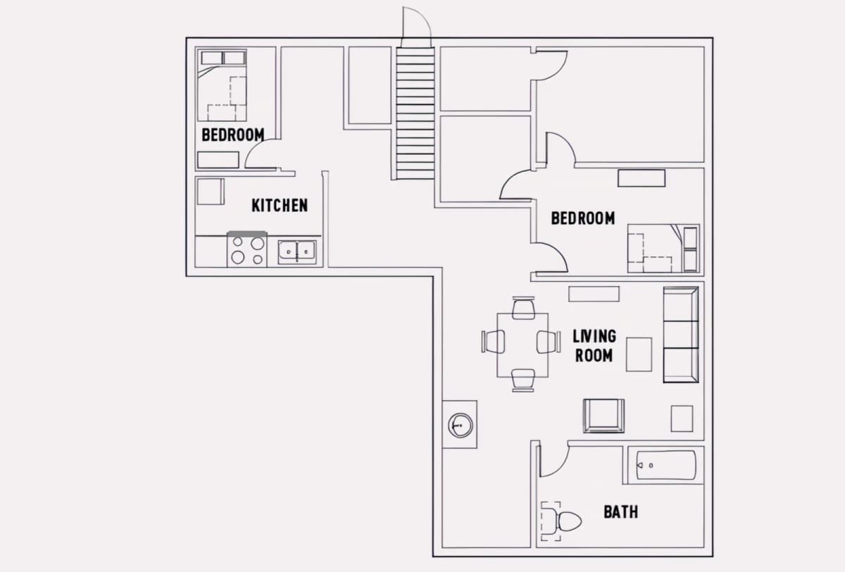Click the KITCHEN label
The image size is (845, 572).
pyautogui.click(x=280, y=205)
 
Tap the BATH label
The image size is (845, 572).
pyautogui.click(x=621, y=512)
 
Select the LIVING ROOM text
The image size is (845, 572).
pyautogui.click(x=594, y=346)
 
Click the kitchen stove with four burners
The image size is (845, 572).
pyautogui.click(x=247, y=249)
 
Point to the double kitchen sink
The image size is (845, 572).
pyautogui.click(x=297, y=252)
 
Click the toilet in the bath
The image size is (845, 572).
pyautogui.click(x=561, y=521)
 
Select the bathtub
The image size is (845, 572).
pyautogui.click(x=666, y=465)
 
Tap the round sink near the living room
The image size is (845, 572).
pyautogui.click(x=461, y=425)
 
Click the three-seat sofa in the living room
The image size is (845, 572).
pyautogui.click(x=681, y=335)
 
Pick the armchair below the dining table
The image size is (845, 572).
pyautogui.click(x=603, y=416)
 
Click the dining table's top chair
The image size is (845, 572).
pyautogui.click(x=523, y=308)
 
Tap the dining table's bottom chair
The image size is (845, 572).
pyautogui.click(x=523, y=380)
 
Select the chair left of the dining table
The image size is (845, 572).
pyautogui.click(x=494, y=342)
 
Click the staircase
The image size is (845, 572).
pyautogui.click(x=415, y=113)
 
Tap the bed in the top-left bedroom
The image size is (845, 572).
pyautogui.click(x=223, y=85)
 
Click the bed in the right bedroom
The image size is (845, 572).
pyautogui.click(x=663, y=248)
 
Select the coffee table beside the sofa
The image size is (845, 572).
pyautogui.click(x=639, y=354)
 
